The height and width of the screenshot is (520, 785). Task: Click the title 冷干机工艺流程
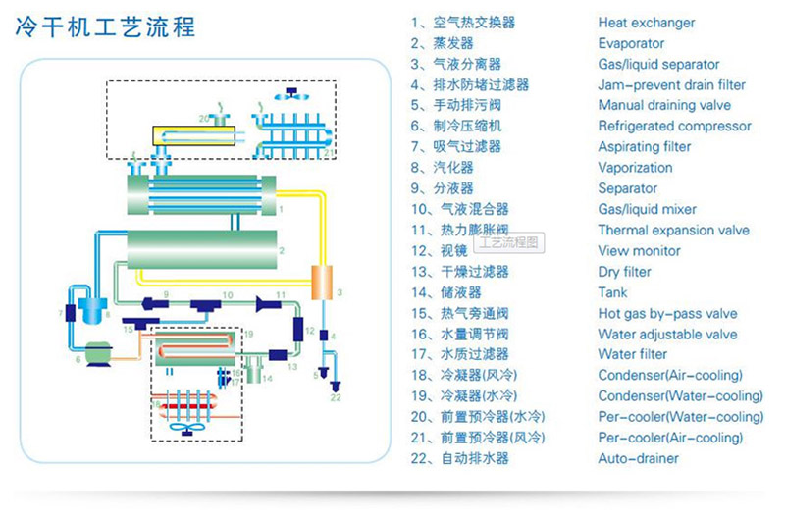[x=105, y=26]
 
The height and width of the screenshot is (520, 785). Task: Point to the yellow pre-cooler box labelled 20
[x=186, y=134]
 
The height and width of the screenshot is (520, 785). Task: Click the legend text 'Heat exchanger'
[x=647, y=23]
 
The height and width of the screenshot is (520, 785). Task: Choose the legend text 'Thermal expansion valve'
[x=673, y=231]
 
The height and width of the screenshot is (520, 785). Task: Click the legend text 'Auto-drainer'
[x=638, y=458]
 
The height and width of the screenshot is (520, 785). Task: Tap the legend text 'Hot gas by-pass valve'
[x=667, y=314]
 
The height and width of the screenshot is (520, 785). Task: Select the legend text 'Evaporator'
[x=631, y=43]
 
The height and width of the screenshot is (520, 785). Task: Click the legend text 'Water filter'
[x=632, y=354]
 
